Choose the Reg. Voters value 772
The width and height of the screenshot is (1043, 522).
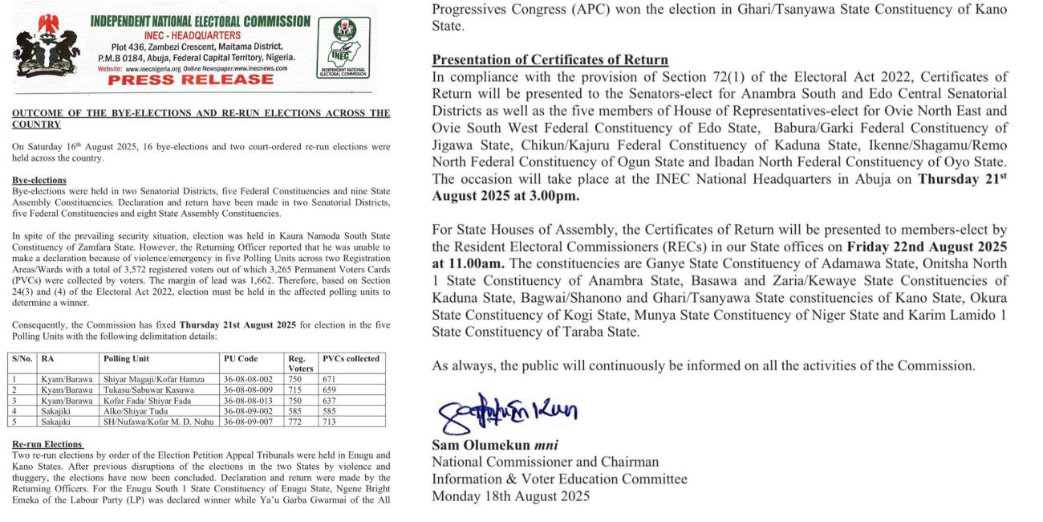296,420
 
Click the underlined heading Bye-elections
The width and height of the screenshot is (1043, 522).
39,180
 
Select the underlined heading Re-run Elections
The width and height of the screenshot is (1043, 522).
47,444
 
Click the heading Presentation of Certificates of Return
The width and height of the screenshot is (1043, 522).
550,60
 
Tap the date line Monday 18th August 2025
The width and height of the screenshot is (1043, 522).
510,495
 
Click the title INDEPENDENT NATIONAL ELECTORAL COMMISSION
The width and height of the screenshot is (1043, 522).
200,22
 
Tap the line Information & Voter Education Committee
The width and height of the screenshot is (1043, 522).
559,479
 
